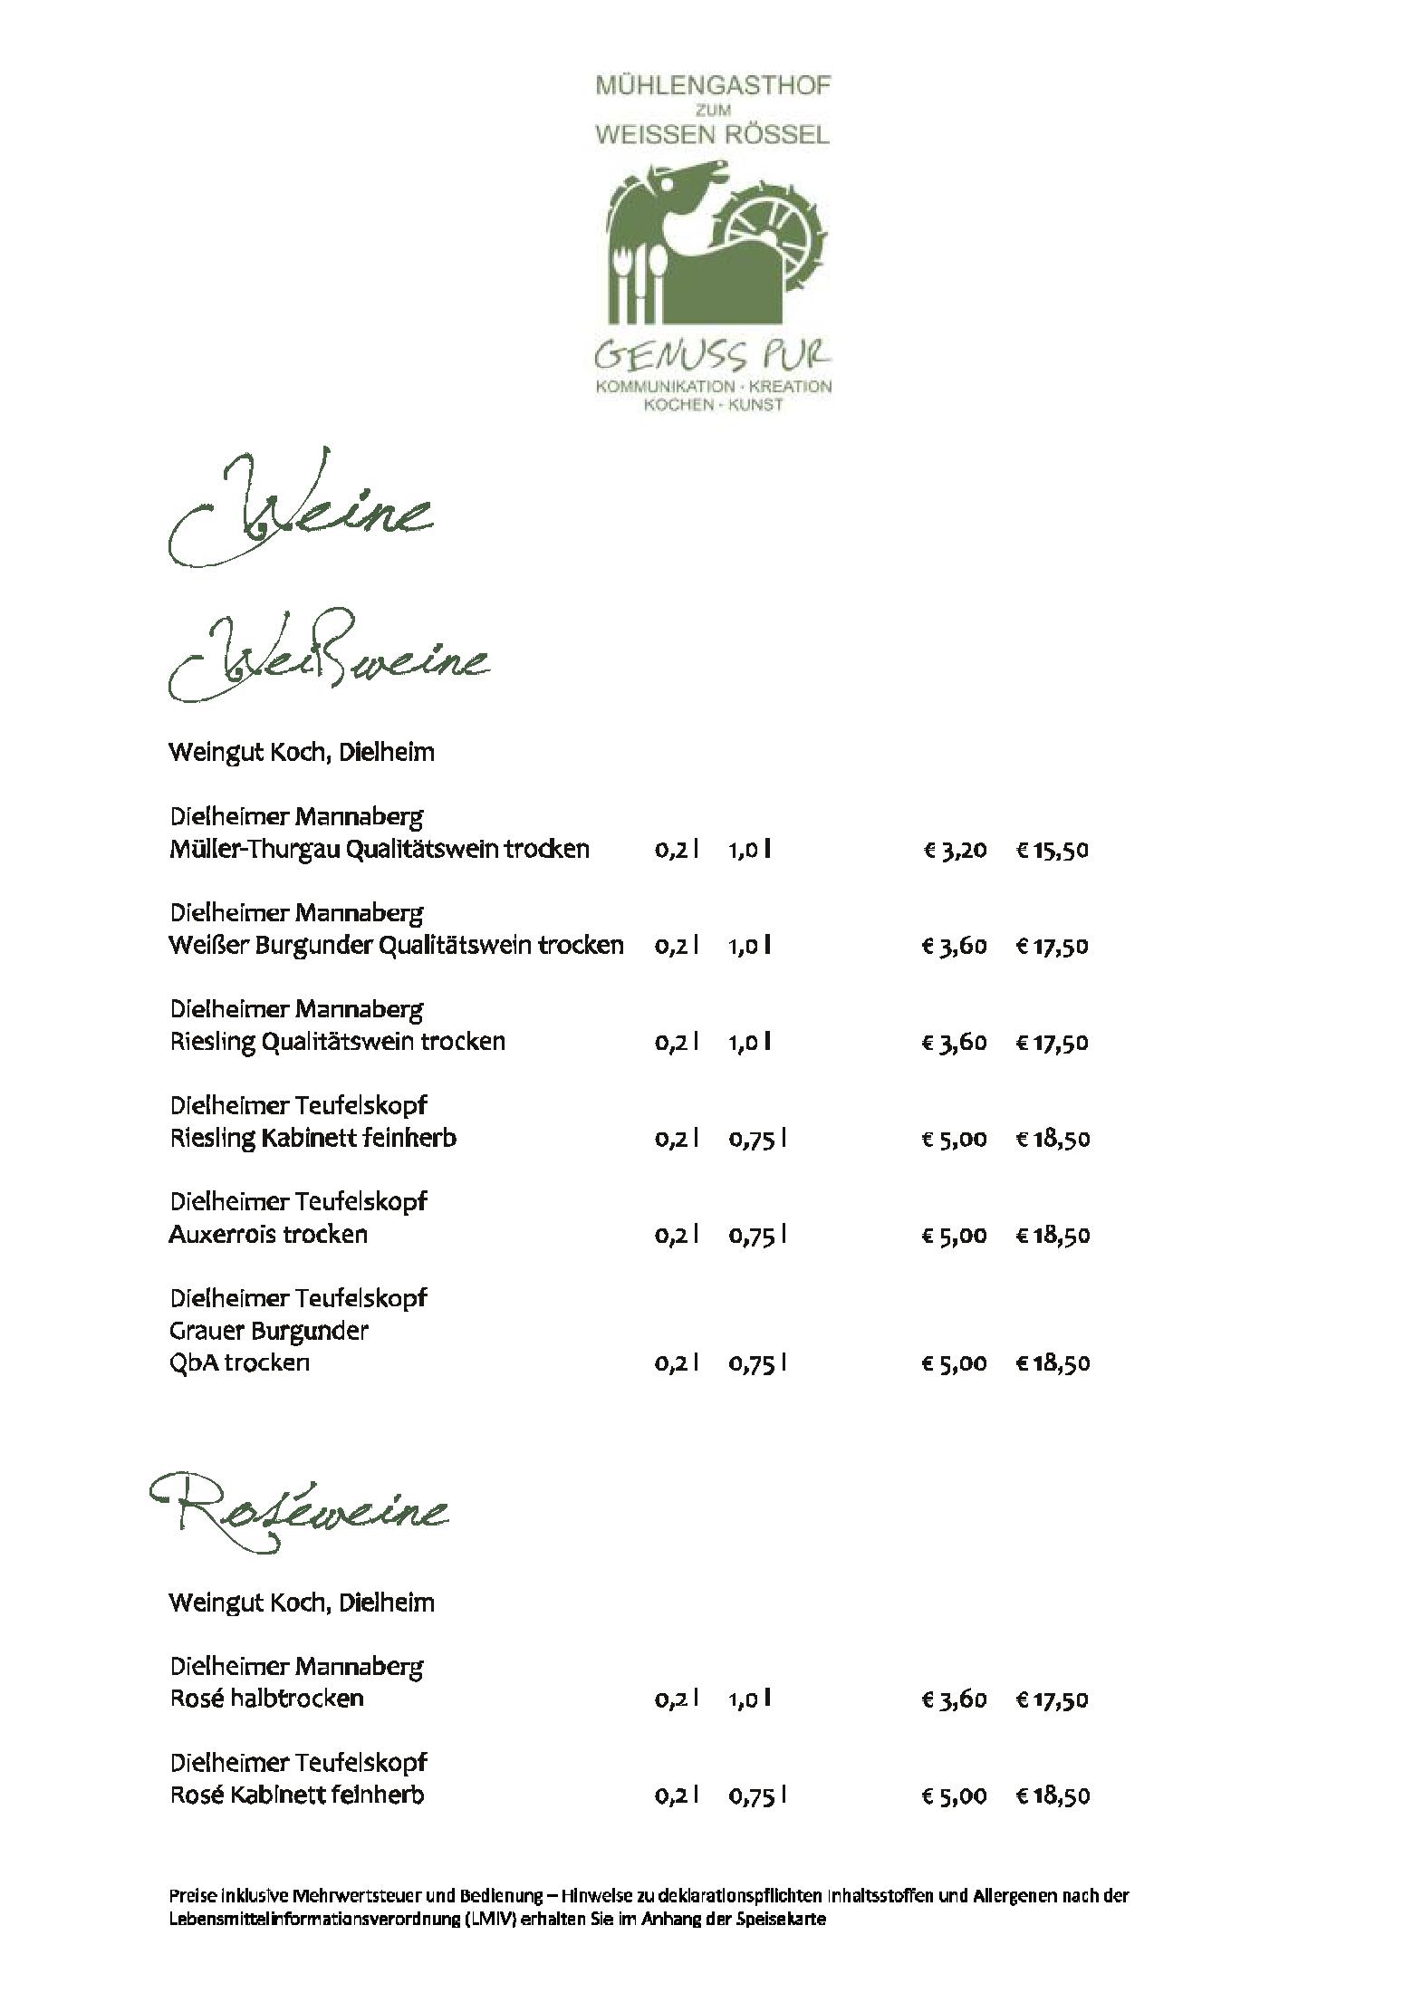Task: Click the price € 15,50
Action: click(x=1052, y=850)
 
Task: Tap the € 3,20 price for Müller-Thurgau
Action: click(x=955, y=850)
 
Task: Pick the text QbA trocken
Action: click(x=239, y=1362)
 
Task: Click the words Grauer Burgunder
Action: click(x=268, y=1331)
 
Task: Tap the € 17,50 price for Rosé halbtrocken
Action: click(x=1052, y=1699)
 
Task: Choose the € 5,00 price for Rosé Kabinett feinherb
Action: click(x=955, y=1795)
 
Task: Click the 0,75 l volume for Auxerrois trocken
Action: click(x=757, y=1234)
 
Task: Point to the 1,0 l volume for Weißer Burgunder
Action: click(x=750, y=946)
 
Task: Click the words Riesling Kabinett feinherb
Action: click(x=312, y=1138)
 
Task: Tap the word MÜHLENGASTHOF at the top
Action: click(x=713, y=86)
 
